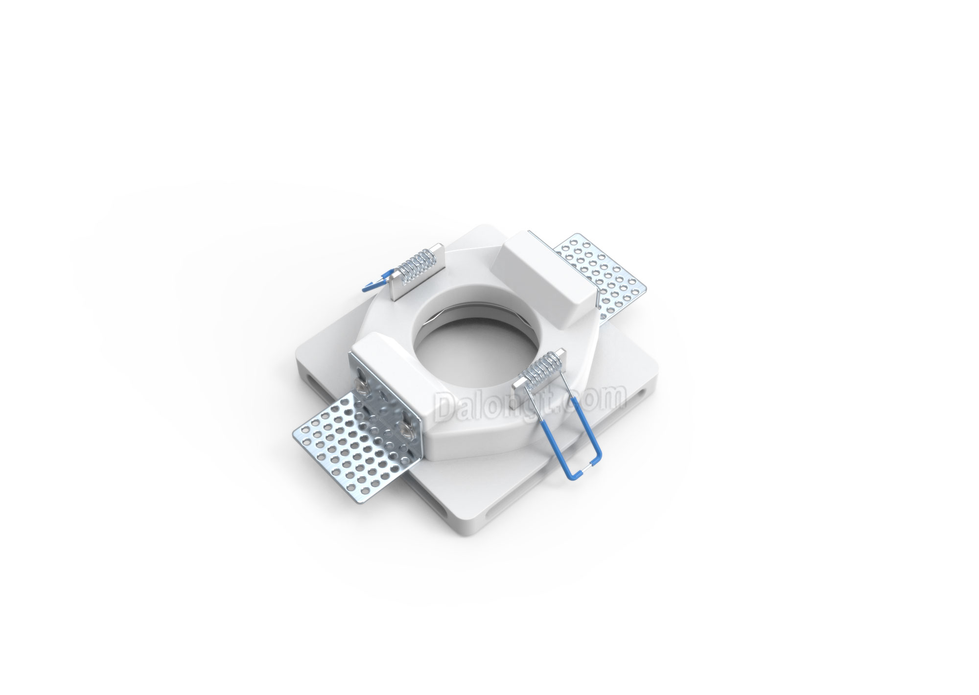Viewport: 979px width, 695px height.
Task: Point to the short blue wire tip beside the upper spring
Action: [x=376, y=282]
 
